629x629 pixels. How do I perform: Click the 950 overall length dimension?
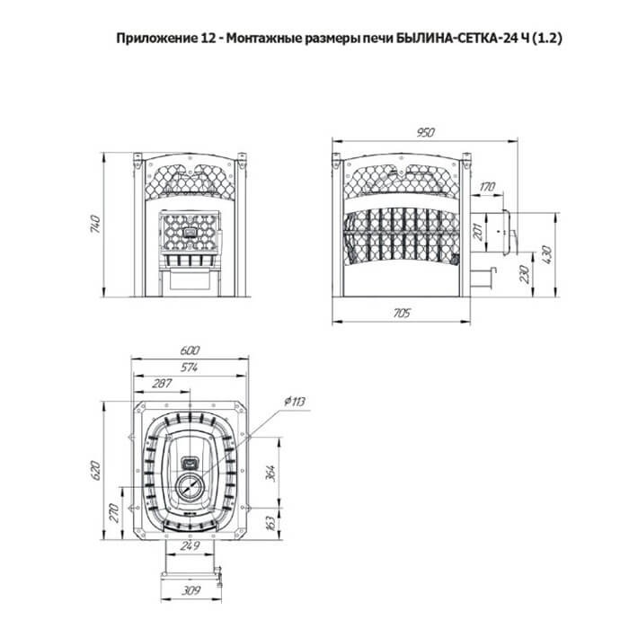pos(425,132)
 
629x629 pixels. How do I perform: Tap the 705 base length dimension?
pos(402,313)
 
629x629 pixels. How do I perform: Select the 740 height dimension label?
pos(95,225)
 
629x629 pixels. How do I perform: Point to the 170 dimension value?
pos(487,187)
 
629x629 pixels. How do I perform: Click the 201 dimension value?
pos(478,232)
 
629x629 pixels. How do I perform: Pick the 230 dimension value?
pos(525,274)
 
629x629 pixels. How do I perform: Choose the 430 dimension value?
pos(546,254)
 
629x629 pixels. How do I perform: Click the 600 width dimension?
pos(190,350)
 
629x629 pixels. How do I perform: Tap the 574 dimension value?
pos(189,367)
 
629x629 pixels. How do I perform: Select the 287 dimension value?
pos(162,384)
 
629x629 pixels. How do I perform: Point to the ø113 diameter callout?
pos(295,401)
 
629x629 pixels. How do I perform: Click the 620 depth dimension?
pos(95,471)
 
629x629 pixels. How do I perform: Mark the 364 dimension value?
pos(270,474)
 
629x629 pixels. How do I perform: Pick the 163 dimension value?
pos(270,523)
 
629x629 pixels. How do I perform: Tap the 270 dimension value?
pos(113,513)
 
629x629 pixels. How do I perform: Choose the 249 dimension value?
pos(190,545)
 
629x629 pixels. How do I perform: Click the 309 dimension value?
pos(190,590)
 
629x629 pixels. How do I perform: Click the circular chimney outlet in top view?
pos(188,487)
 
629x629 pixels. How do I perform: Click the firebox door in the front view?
pos(190,232)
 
